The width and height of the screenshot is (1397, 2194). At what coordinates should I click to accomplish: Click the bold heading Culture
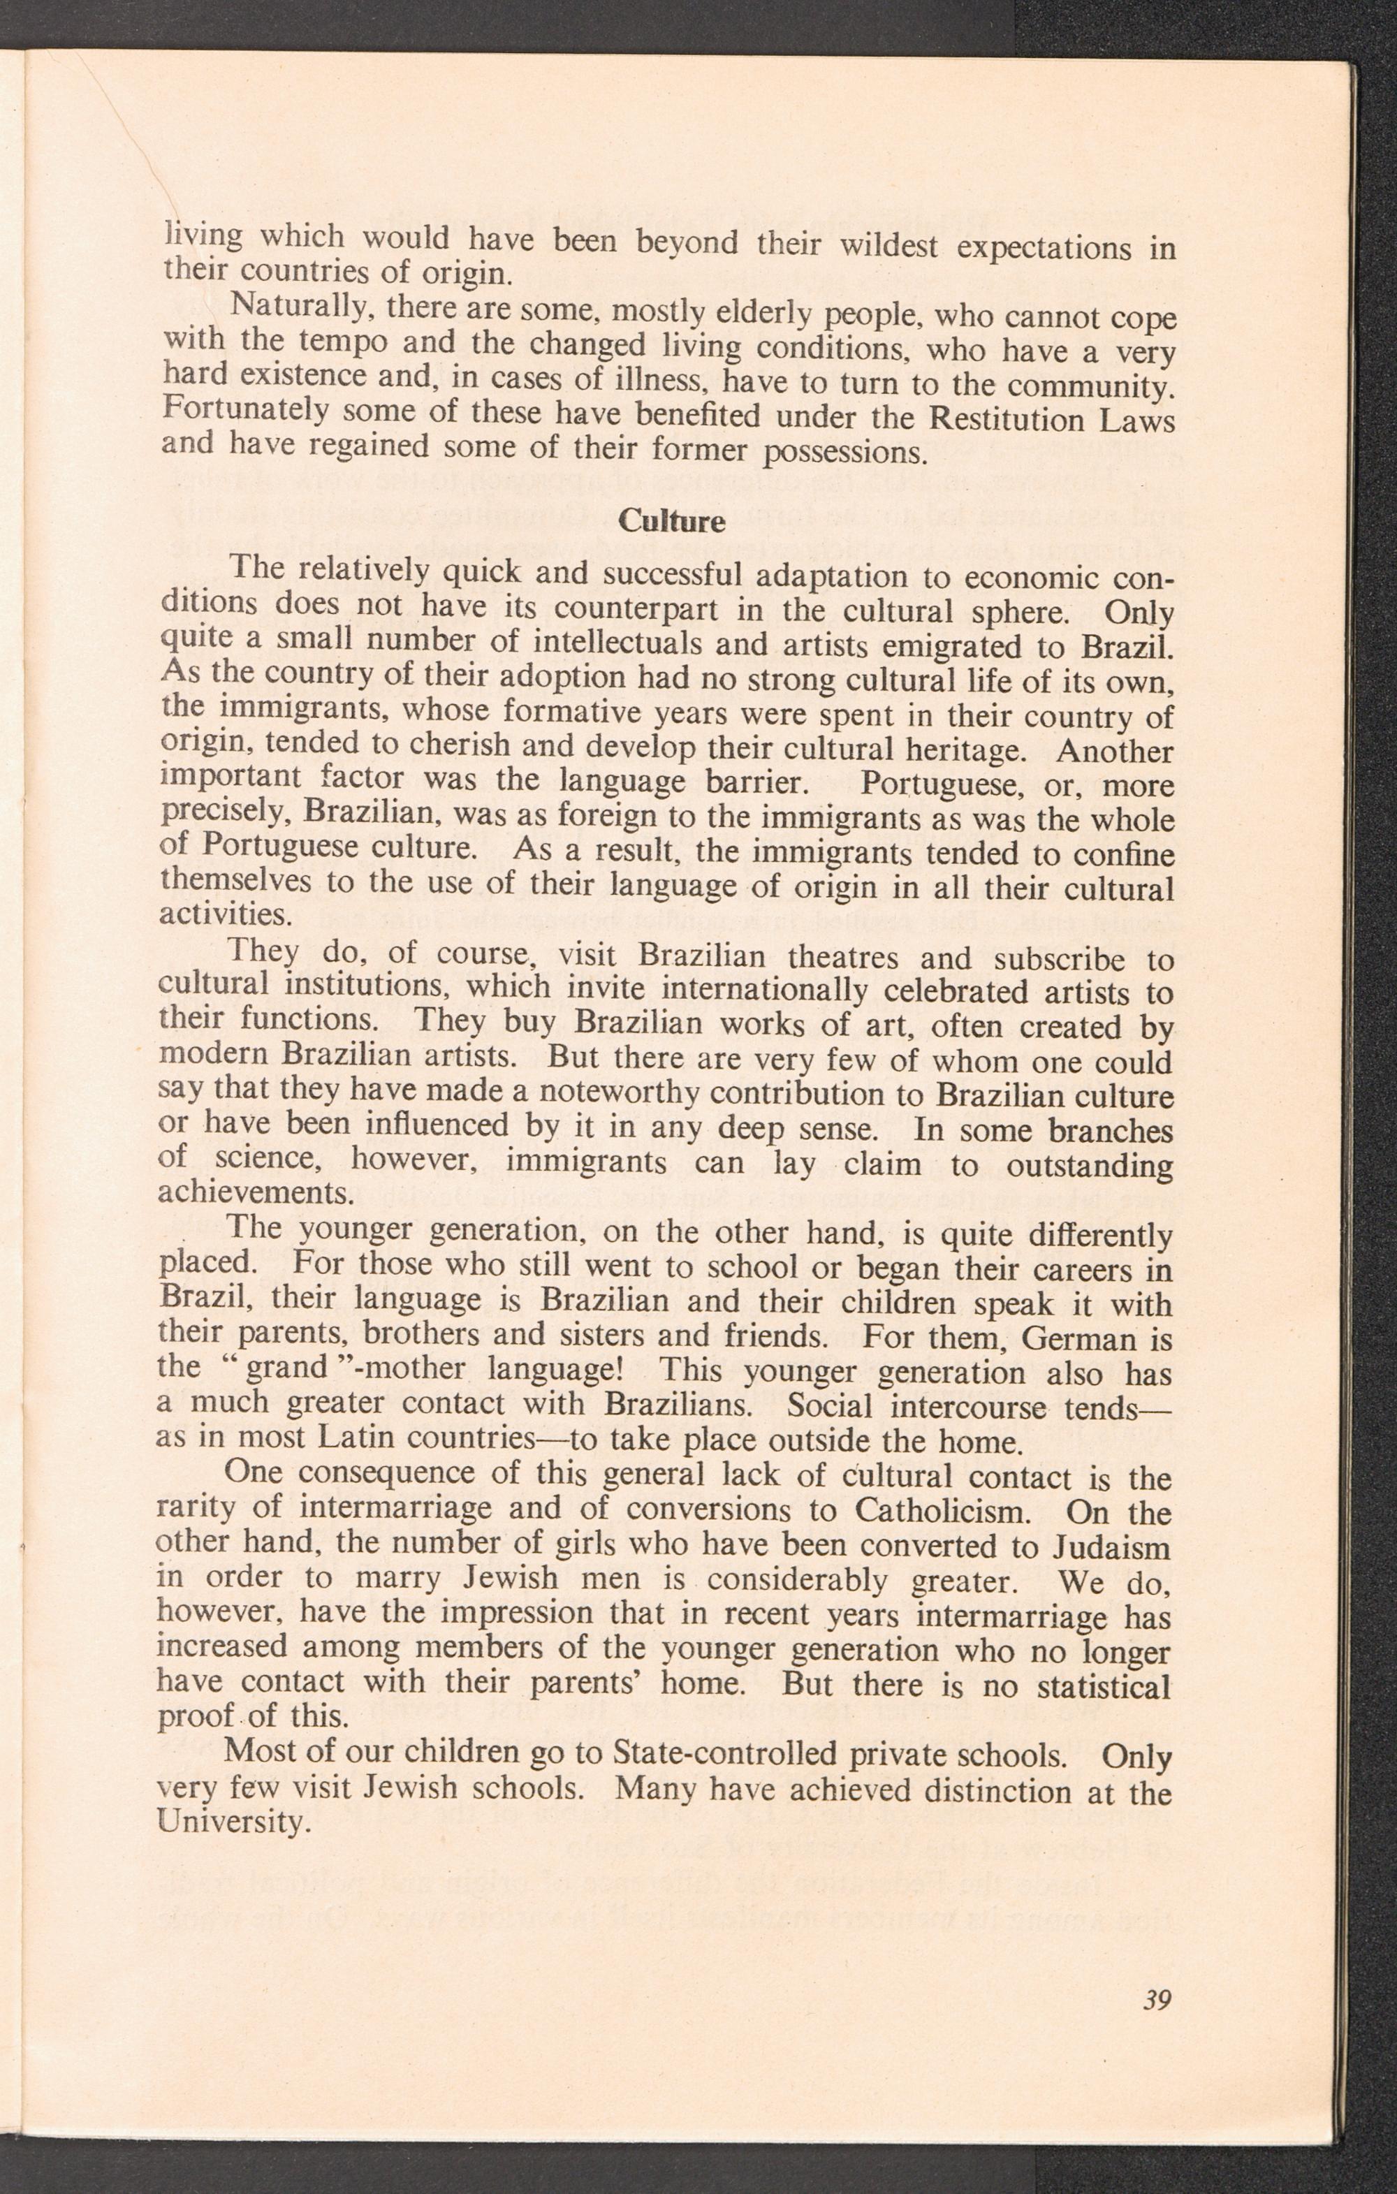pyautogui.click(x=672, y=522)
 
